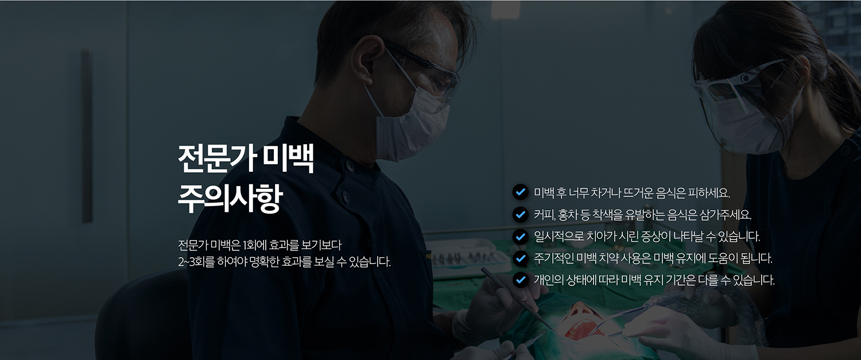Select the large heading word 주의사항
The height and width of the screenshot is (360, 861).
230,199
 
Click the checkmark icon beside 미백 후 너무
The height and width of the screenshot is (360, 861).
521,192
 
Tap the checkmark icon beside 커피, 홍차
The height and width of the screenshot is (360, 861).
521,214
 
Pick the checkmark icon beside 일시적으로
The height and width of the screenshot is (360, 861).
521,236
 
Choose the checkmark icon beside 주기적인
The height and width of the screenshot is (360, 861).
521,258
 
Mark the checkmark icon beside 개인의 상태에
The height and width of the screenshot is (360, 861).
521,280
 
